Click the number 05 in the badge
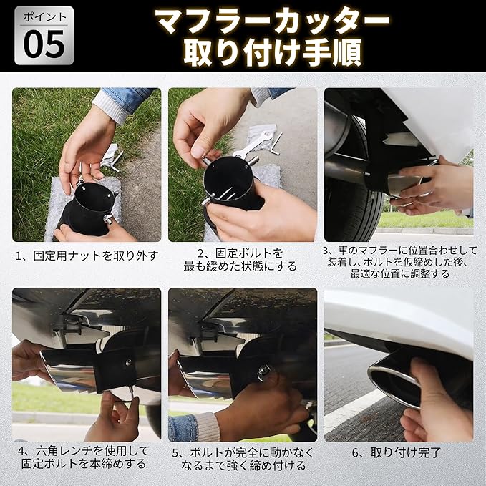click(x=44, y=44)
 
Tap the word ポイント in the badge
click(x=44, y=17)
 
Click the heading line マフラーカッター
click(x=273, y=21)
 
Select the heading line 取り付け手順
click(x=273, y=52)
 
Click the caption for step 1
click(x=87, y=256)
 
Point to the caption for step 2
click(x=240, y=259)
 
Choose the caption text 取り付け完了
click(x=405, y=452)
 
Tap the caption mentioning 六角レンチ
click(x=84, y=457)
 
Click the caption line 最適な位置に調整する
click(x=400, y=273)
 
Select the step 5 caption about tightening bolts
click(x=243, y=459)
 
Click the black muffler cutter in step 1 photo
click(x=87, y=209)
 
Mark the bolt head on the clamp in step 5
click(x=263, y=370)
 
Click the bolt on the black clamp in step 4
click(x=127, y=361)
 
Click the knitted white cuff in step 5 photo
click(x=208, y=427)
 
